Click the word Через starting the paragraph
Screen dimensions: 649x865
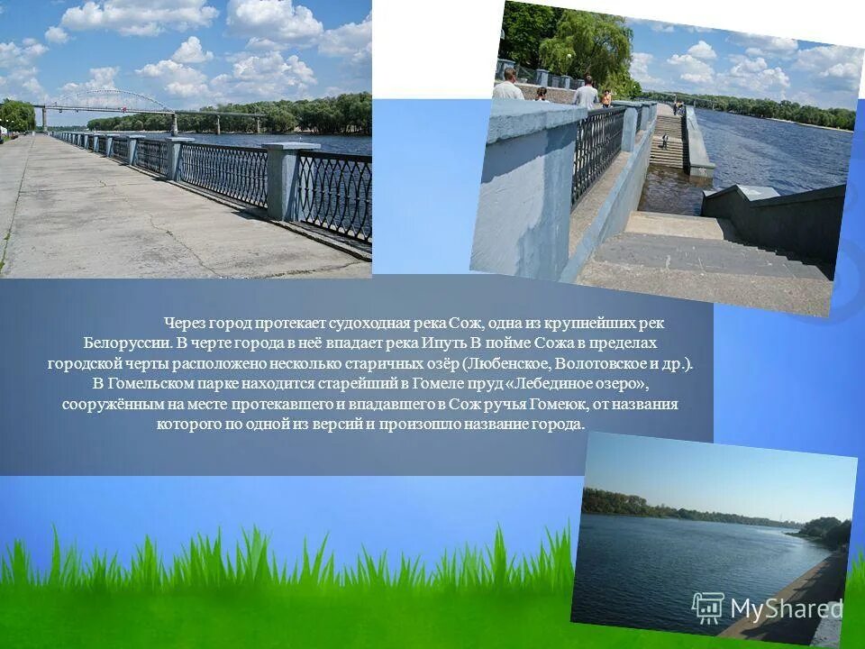(184, 324)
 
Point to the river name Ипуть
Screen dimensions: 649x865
(442, 343)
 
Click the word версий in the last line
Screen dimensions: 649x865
(341, 425)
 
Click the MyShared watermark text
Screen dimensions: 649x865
(786, 609)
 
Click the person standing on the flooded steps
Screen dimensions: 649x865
(665, 141)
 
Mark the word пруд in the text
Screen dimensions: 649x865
(480, 384)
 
